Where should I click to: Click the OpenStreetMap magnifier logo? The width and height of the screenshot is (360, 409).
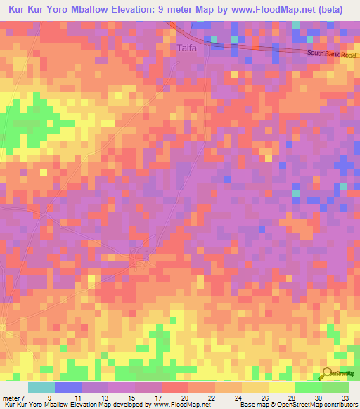click(328, 373)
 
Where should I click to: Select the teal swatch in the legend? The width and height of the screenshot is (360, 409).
click(41, 387)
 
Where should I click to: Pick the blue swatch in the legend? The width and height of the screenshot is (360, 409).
click(68, 387)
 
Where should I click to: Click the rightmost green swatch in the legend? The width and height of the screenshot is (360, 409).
click(335, 387)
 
